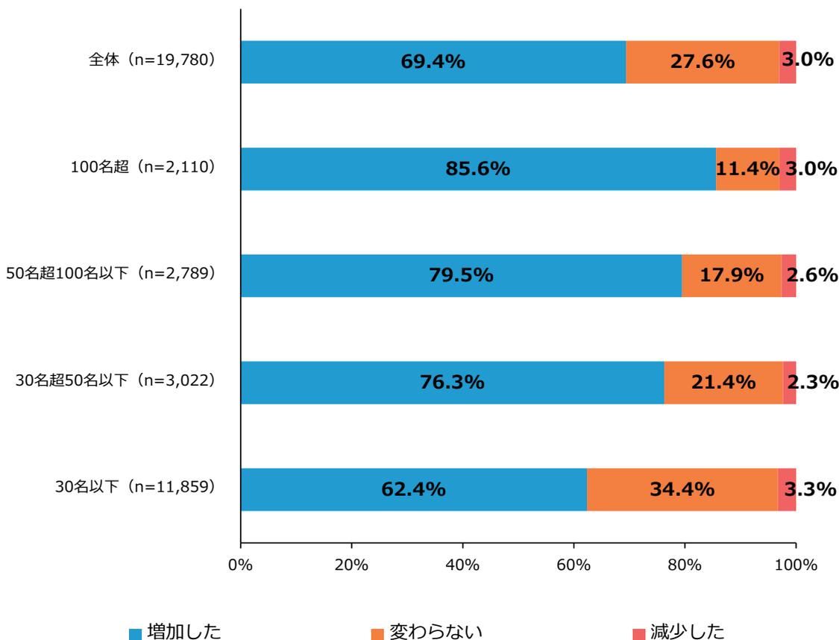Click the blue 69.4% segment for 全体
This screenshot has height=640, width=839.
pos(433,62)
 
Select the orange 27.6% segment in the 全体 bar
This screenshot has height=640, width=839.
pos(703,62)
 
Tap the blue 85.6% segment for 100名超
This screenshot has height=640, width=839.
pos(477,169)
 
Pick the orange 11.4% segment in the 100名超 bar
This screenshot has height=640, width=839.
pos(747,169)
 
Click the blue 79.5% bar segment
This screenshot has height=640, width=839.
pos(461,275)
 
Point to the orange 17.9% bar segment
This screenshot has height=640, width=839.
pos(731,275)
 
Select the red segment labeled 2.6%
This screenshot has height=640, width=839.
pos(789,275)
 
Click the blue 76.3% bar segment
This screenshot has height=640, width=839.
pos(452,383)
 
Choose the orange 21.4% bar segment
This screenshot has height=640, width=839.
pos(723,383)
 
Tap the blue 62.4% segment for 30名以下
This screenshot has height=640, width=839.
pos(413,489)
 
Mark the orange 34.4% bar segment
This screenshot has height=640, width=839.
pos(682,489)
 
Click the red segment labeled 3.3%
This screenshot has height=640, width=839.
pos(788,489)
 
